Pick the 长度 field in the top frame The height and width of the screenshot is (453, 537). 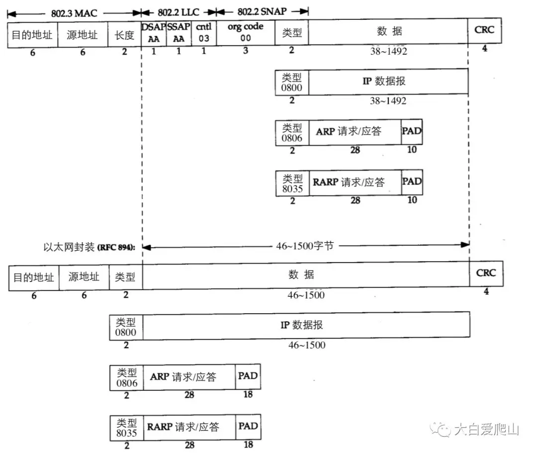pyautogui.click(x=124, y=35)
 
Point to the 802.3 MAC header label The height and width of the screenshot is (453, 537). pyautogui.click(x=74, y=12)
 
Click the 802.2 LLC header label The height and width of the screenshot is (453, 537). pyautogui.click(x=179, y=12)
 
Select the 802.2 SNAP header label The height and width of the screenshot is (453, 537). pyautogui.click(x=263, y=11)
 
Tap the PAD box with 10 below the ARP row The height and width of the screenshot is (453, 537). pyautogui.click(x=412, y=133)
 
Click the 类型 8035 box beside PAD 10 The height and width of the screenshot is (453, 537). pyautogui.click(x=292, y=183)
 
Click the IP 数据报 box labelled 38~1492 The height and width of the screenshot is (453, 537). pyautogui.click(x=388, y=81)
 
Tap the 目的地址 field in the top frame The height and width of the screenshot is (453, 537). pyautogui.click(x=33, y=35)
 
